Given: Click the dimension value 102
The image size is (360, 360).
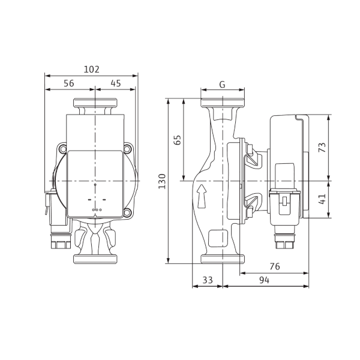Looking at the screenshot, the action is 91,70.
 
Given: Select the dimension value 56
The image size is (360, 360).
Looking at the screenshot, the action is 69,83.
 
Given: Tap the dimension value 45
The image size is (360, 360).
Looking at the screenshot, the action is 116,83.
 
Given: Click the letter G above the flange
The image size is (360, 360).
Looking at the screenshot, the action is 222,85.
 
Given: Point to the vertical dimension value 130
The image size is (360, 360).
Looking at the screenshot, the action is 162,181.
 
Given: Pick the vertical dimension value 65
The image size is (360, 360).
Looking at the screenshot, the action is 178,140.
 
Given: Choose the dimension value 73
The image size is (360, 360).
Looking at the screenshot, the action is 322,148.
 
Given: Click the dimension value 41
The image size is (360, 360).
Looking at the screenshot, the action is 322,199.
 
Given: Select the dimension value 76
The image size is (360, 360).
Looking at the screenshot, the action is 275,266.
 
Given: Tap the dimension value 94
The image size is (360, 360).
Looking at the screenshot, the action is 264,280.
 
